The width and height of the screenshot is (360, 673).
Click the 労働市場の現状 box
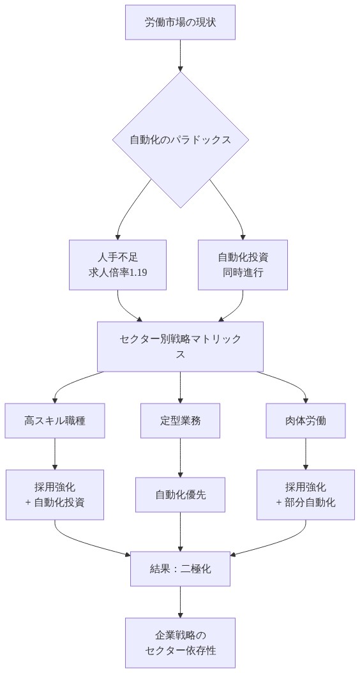180,23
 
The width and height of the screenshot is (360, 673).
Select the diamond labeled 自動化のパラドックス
180,139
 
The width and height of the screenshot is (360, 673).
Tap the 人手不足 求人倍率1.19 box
117,264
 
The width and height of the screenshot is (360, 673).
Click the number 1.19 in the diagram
137,271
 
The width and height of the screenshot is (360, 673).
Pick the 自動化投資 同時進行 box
243,264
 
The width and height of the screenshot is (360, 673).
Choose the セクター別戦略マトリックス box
180,346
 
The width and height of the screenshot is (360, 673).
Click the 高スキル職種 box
55,421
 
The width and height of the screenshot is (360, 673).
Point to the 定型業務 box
180,421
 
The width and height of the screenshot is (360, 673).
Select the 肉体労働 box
305,421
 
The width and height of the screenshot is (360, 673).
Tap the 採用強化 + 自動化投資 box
55,495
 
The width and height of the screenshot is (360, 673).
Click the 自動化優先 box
180,495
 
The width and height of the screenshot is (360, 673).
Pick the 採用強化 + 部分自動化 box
305,495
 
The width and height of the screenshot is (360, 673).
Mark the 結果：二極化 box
180,569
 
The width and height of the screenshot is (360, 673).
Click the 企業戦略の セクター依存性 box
180,642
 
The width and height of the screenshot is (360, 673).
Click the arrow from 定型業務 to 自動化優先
180,458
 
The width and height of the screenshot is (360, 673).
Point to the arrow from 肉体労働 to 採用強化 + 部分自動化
305,454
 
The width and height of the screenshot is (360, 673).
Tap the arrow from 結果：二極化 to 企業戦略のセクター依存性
180,601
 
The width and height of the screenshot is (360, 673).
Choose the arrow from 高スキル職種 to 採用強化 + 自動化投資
55,454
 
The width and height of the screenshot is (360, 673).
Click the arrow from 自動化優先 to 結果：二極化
180,532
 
